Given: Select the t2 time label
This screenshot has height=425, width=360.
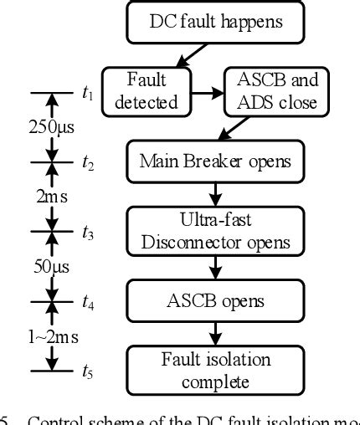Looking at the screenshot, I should (88, 164).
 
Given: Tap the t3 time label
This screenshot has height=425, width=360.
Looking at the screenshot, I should (88, 233).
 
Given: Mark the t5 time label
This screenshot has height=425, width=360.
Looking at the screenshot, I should (88, 370).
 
